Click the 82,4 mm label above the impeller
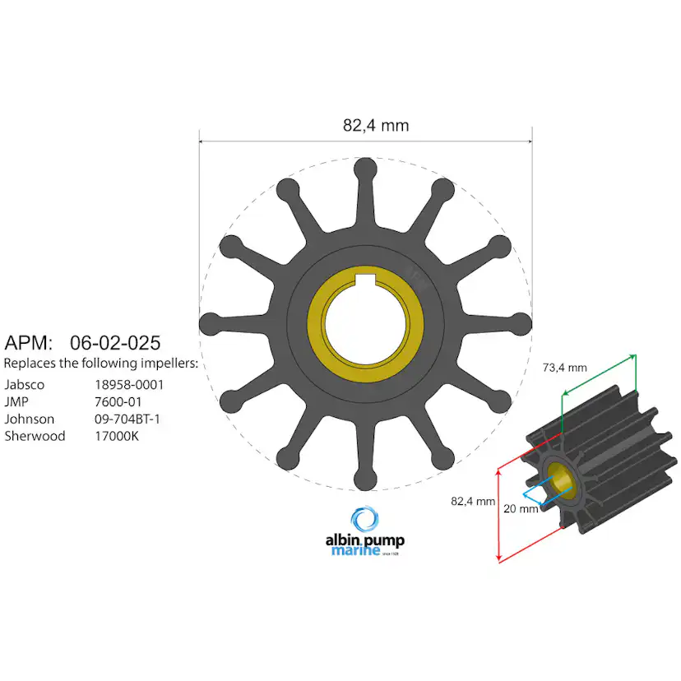pos(375,125)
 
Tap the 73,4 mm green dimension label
pos(563,368)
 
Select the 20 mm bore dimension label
pos(521,508)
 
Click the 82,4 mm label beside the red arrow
pos(473,500)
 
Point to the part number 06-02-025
pos(115,342)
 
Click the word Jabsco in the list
pos(25,384)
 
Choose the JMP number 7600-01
pos(119,401)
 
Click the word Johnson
pos(29,419)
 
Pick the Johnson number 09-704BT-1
pos(127,419)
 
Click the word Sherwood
pos(35,436)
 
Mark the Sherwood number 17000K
pos(117,436)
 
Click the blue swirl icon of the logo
pos(365,520)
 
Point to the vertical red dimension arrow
pos(500,514)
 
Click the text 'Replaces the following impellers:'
pos(101,363)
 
